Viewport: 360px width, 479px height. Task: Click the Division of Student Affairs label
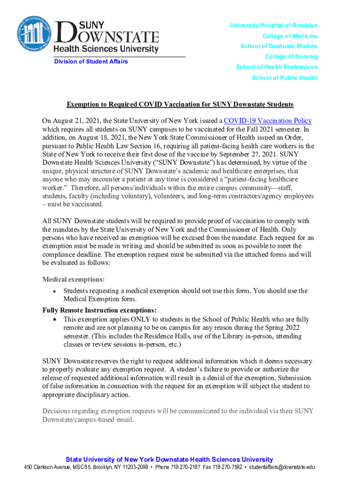(91, 62)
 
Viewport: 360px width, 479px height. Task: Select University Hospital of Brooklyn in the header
(274, 25)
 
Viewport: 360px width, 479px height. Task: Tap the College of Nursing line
(291, 57)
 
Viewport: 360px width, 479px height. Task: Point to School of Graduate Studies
(279, 46)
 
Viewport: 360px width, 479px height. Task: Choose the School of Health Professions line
(276, 67)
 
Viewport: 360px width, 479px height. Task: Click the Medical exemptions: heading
(73, 280)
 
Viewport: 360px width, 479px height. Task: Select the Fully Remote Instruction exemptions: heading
(100, 310)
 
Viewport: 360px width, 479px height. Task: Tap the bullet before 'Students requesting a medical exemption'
(55, 291)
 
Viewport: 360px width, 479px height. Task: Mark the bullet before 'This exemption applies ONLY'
(55, 319)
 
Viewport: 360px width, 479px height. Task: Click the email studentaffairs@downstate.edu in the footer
(282, 467)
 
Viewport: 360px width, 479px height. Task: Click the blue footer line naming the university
(169, 459)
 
